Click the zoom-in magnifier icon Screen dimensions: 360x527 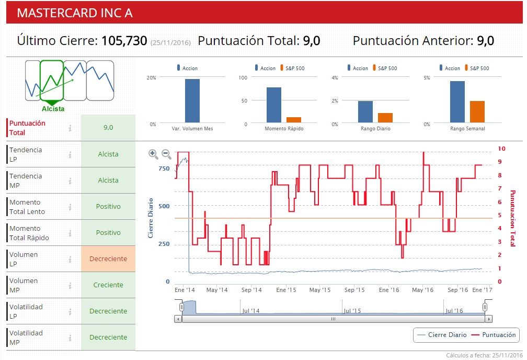pos(153,154)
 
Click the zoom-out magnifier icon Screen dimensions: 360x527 pos(166,154)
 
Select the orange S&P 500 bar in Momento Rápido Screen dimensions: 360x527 pos(294,120)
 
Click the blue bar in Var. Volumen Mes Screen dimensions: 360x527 pos(192,100)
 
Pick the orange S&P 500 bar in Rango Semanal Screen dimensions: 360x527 pos(477,111)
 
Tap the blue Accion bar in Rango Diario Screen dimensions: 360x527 pos(365,111)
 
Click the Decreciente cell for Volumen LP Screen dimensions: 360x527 pos(108,259)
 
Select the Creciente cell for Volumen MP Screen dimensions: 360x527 pos(108,285)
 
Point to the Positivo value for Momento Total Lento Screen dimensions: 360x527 pos(108,207)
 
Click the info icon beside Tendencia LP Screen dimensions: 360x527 pos(70,154)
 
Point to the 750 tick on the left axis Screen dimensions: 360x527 pos(164,168)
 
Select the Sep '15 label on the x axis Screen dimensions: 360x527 pos(355,289)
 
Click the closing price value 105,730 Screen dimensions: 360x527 pos(124,41)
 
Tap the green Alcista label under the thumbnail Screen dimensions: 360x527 pos(53,109)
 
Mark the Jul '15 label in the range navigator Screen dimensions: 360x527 pos(353,311)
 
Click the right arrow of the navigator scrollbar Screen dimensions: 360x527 pos(489,318)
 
